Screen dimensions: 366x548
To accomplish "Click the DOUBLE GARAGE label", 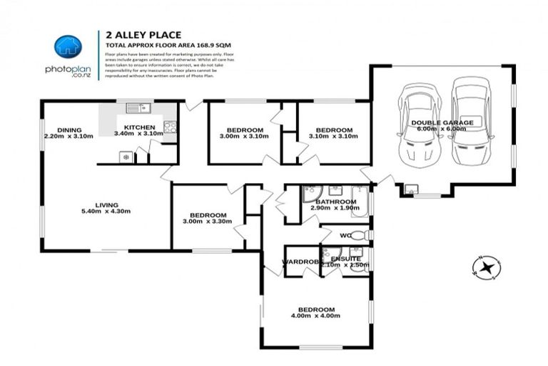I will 442,123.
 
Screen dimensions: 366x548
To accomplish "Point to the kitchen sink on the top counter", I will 136,108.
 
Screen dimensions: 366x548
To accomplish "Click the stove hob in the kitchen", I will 169,127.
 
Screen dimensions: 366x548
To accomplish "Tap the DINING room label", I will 68,129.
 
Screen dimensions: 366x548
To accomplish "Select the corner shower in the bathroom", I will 312,194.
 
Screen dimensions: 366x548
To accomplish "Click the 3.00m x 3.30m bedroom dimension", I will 208,222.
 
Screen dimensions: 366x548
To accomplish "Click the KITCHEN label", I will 139,127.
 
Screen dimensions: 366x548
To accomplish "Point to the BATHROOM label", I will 335,202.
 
